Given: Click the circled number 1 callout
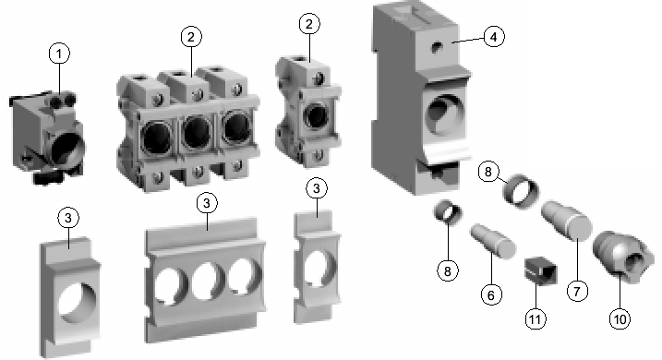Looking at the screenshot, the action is point(59,54).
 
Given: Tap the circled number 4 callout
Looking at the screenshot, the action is point(494,36).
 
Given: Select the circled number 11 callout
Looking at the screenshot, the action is point(536,318).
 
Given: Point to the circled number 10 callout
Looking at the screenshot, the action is point(620,318).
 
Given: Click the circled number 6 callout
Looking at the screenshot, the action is point(491,294).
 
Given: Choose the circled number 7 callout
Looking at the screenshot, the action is point(577,291).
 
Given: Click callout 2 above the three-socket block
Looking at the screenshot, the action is point(191,37).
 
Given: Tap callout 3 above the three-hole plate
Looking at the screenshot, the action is point(207,203).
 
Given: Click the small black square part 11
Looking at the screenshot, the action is point(540,270).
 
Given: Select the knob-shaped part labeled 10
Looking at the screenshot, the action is point(618,257).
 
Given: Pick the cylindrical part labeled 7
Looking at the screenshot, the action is point(566,220).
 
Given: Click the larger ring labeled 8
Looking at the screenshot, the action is point(521,192).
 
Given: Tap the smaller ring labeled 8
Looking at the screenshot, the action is point(448,212).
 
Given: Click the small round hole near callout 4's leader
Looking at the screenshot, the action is point(436,47).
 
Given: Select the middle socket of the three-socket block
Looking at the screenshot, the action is point(196,131).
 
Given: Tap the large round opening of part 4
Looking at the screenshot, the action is point(444,113).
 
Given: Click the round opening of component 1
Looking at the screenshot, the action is point(66,150).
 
